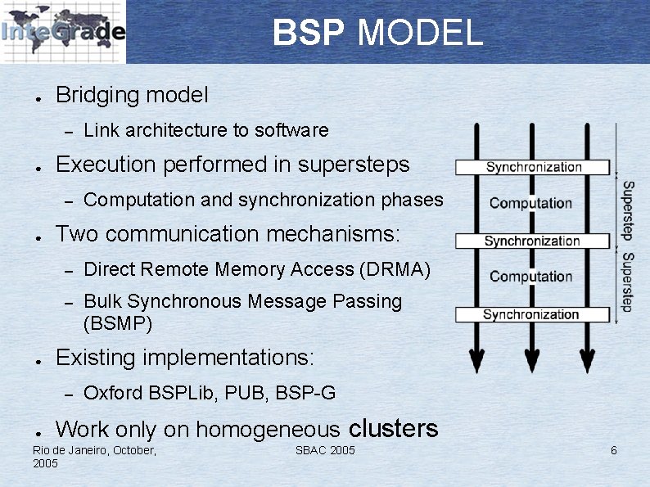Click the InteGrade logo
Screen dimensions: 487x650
(63, 32)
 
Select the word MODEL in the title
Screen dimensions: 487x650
(420, 34)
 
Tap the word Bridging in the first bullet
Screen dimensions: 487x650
(97, 95)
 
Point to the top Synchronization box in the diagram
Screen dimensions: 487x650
(533, 167)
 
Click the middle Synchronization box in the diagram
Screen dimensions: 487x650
(532, 241)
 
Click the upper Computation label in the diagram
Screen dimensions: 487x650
(530, 203)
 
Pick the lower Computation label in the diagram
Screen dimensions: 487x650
(530, 277)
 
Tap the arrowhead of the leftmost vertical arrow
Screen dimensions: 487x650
(476, 360)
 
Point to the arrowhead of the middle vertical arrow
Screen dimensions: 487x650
(532, 360)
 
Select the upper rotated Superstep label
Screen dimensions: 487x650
(627, 210)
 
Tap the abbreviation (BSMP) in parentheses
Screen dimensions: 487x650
(118, 323)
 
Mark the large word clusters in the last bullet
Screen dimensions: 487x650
(393, 428)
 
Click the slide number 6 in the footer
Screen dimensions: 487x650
(614, 451)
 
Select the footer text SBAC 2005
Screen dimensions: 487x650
(325, 451)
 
